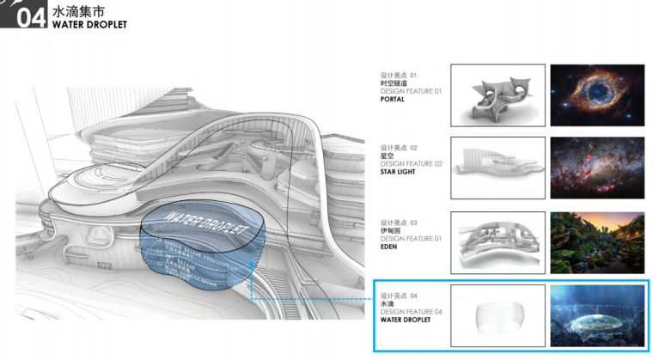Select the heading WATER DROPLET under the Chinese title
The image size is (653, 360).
tap(89, 25)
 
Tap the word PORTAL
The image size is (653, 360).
tap(393, 100)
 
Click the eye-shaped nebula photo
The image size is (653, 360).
tap(597, 95)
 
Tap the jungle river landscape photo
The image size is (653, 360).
tap(597, 241)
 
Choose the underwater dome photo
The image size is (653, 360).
tap(597, 315)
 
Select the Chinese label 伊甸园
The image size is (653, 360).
tap(391, 229)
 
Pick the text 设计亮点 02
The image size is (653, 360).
tap(399, 148)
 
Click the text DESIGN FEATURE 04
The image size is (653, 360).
tap(411, 312)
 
